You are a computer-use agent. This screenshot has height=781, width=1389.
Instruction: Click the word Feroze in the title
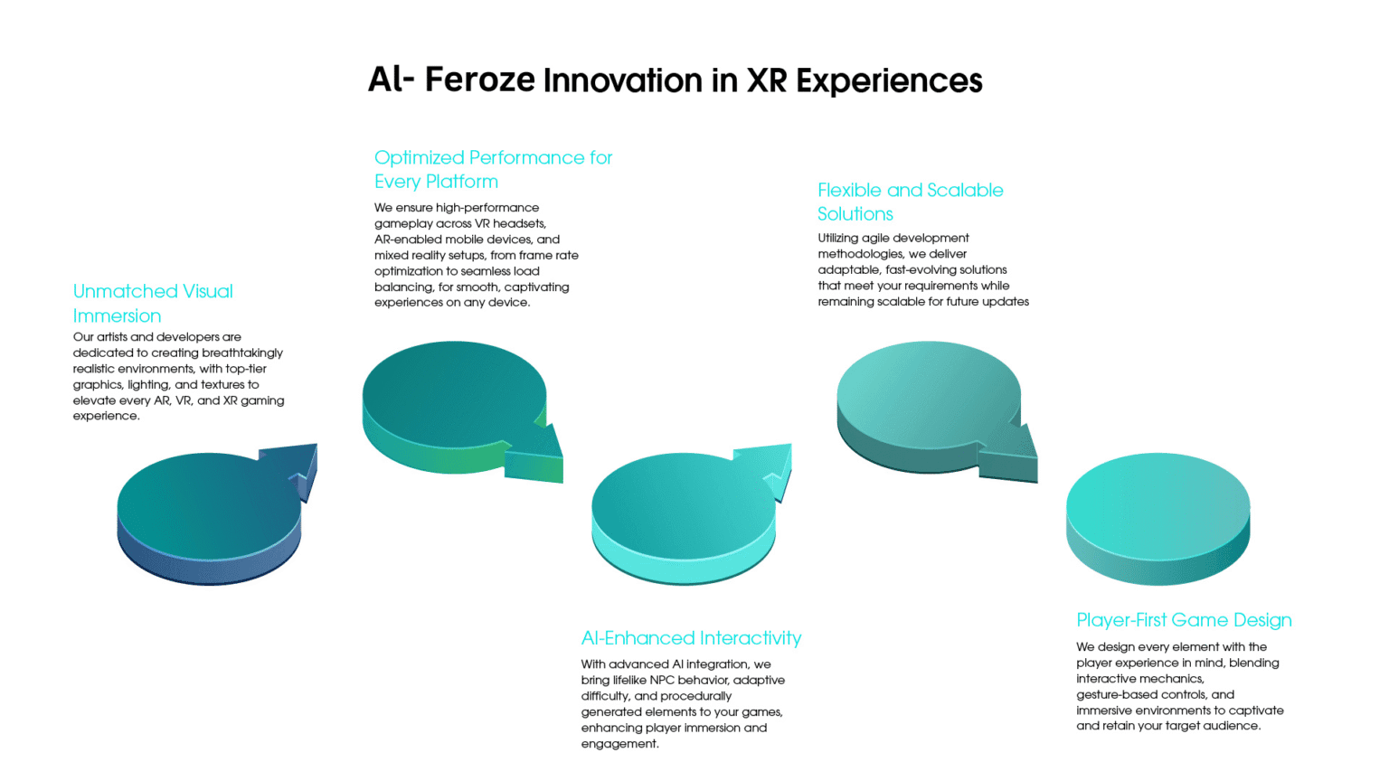479,80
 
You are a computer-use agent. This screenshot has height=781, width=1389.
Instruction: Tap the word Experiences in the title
889,81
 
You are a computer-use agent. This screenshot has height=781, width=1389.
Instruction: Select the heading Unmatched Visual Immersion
153,303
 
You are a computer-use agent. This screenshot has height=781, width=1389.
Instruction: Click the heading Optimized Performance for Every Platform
493,169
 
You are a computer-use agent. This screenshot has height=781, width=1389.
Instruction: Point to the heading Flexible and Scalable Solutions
911,202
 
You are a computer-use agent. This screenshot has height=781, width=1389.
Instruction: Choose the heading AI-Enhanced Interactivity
691,638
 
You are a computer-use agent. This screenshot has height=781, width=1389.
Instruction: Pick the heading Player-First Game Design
1184,620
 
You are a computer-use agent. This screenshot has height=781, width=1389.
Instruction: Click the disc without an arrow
1157,519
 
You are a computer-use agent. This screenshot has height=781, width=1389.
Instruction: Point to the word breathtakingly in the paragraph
242,353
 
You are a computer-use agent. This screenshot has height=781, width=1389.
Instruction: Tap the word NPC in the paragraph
664,680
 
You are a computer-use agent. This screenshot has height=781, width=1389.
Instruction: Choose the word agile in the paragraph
875,239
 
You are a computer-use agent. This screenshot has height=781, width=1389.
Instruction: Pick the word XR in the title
768,80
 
